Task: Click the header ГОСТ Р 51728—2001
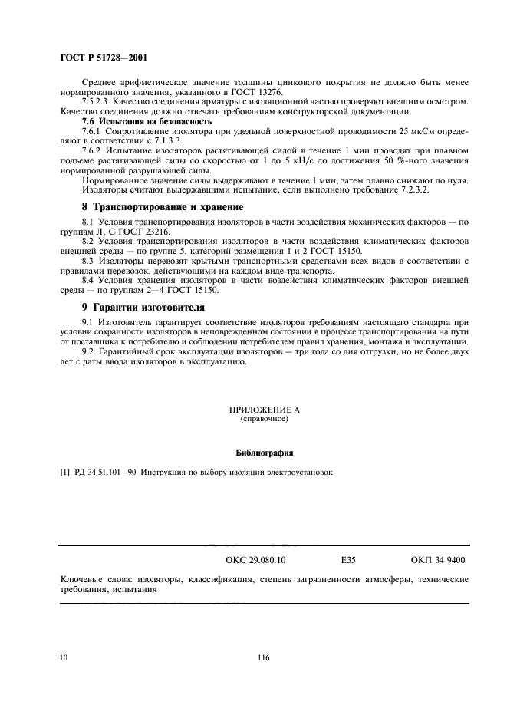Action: coord(104,58)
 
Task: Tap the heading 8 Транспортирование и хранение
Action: coord(163,207)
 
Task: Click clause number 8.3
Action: coord(88,261)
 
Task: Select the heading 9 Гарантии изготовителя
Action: coord(140,306)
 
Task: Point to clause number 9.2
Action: coord(88,351)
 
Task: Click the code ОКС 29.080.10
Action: coord(255,561)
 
